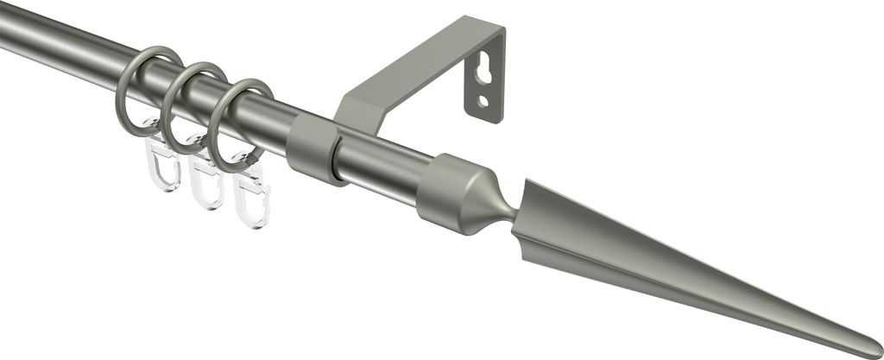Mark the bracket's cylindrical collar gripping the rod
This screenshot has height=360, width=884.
(313, 148)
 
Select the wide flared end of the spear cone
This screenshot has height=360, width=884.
(531, 216)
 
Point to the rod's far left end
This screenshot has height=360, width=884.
(7, 32)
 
